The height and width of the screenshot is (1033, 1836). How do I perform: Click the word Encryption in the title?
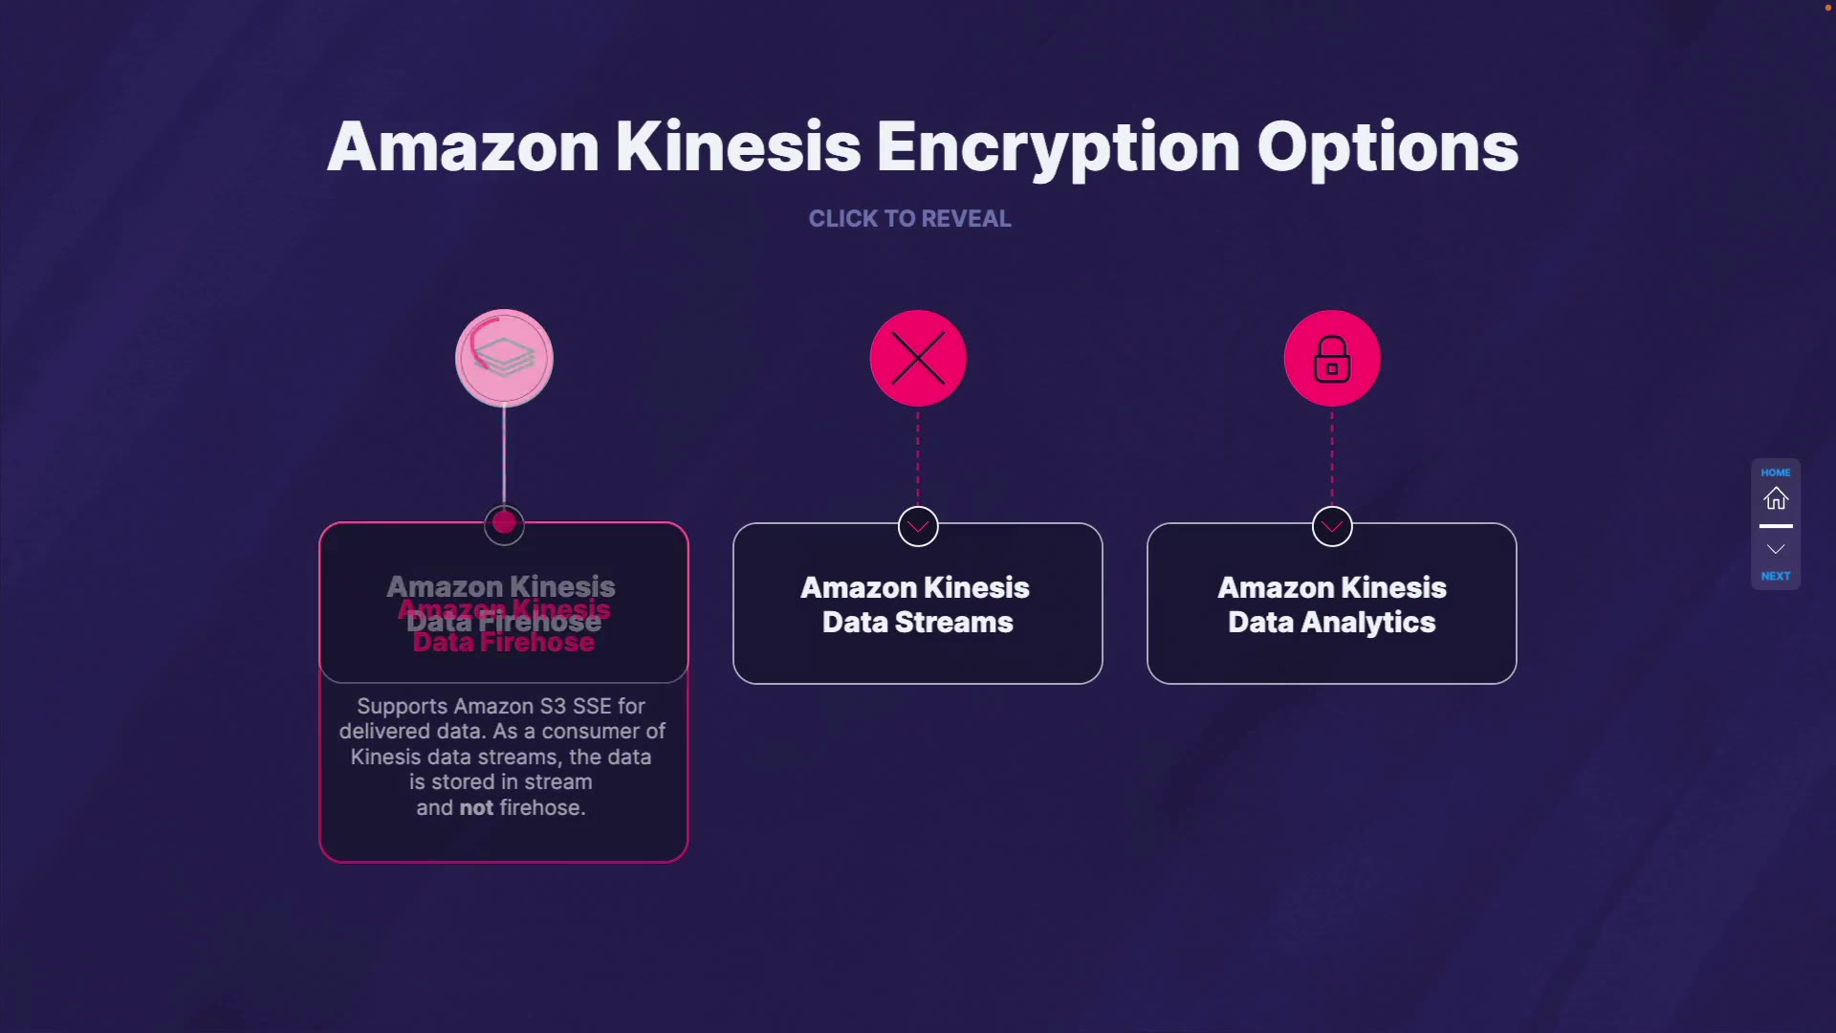[x=1058, y=148]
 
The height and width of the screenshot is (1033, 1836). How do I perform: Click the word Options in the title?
[x=1387, y=148]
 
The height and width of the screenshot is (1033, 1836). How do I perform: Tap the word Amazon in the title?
[x=463, y=148]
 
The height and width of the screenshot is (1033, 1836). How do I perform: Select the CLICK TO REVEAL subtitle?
[x=909, y=219]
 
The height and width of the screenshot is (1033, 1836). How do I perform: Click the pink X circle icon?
[x=918, y=359]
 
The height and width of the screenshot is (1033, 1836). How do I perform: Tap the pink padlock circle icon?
[x=1332, y=359]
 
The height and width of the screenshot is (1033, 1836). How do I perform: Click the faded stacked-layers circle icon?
[x=504, y=359]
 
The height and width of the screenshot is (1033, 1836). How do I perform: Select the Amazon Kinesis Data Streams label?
[x=917, y=604]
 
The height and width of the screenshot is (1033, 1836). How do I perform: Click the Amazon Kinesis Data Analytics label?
[x=1331, y=604]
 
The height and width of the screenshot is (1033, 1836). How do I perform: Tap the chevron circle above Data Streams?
[x=918, y=526]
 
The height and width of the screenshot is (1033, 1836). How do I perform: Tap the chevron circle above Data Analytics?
[x=1332, y=526]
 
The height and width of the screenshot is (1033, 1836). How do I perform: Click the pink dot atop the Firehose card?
[x=504, y=523]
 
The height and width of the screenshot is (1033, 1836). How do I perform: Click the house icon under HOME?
[x=1776, y=499]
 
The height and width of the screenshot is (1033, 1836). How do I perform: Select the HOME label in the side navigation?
[x=1776, y=473]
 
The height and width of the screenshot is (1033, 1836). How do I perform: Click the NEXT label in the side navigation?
[x=1776, y=576]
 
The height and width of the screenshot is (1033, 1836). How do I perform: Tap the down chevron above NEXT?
[x=1776, y=549]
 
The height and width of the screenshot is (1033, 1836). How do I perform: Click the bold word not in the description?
[x=476, y=808]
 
